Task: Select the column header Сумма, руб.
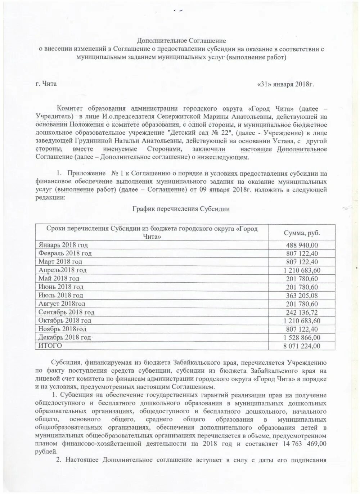click(x=302, y=233)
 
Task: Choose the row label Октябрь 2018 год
click(x=65, y=320)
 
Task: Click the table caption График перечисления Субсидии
click(x=181, y=209)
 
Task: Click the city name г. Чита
click(x=46, y=84)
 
